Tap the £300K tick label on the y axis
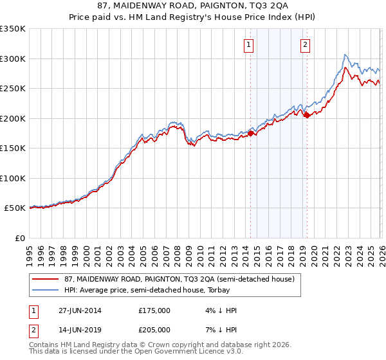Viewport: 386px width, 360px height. click(13, 59)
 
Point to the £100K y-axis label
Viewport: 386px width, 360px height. click(13, 178)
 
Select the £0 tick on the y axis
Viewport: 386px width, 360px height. click(19, 238)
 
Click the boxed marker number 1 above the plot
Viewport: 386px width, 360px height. click(248, 44)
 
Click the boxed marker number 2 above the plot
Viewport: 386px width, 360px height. click(304, 44)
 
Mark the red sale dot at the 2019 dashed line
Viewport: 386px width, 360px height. click(307, 116)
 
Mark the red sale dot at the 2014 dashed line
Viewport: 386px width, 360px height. click(250, 133)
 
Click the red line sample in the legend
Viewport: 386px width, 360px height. click(45, 279)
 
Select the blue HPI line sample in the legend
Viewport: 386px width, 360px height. click(45, 289)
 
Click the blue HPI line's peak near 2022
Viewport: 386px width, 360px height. click(345, 55)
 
